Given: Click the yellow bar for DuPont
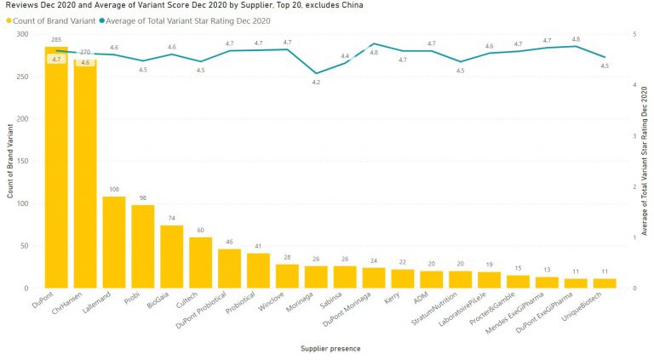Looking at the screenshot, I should (x=56, y=170).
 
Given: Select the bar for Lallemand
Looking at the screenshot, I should (x=114, y=243).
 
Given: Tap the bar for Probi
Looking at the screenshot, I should (x=143, y=247).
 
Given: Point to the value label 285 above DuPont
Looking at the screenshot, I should (x=56, y=39).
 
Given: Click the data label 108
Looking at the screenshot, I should (x=114, y=190).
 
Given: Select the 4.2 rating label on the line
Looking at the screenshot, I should (x=316, y=83).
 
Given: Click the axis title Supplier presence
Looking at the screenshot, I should (x=331, y=347).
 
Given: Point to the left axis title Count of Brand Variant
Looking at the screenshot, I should (x=10, y=161).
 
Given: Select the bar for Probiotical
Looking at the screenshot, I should (x=259, y=271).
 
